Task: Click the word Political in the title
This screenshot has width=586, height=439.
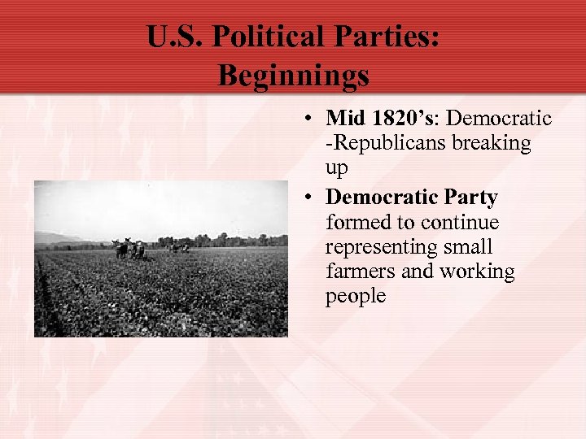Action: coord(273,37)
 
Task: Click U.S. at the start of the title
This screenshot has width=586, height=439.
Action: coord(174,37)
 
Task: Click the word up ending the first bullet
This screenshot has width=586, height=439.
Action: coord(336,169)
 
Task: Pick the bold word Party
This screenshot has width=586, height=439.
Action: coord(470,198)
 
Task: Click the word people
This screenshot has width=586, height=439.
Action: coord(356,296)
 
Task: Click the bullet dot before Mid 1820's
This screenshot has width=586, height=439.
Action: coord(310,120)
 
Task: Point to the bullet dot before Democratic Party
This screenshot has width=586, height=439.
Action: coord(310,198)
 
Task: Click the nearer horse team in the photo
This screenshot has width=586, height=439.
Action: coord(131,249)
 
